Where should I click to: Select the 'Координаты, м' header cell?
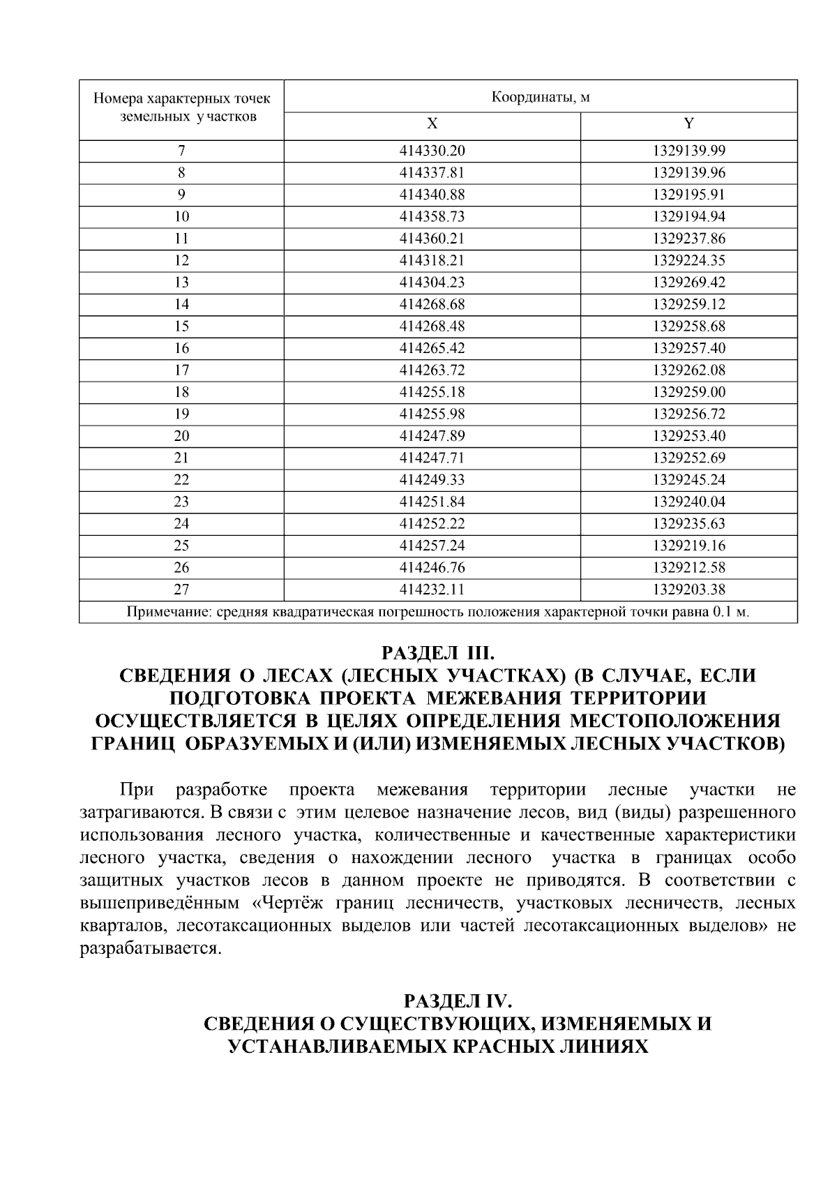541,97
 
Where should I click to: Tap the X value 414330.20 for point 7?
432,151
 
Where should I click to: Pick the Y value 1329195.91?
689,195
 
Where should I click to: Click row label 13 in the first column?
181,283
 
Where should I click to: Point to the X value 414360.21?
432,239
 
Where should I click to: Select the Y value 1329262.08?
689,370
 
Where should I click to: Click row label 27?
181,590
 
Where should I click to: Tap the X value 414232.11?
432,590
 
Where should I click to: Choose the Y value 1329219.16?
689,546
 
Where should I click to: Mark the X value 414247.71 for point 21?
432,458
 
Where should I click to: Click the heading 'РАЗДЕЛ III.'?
437,654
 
